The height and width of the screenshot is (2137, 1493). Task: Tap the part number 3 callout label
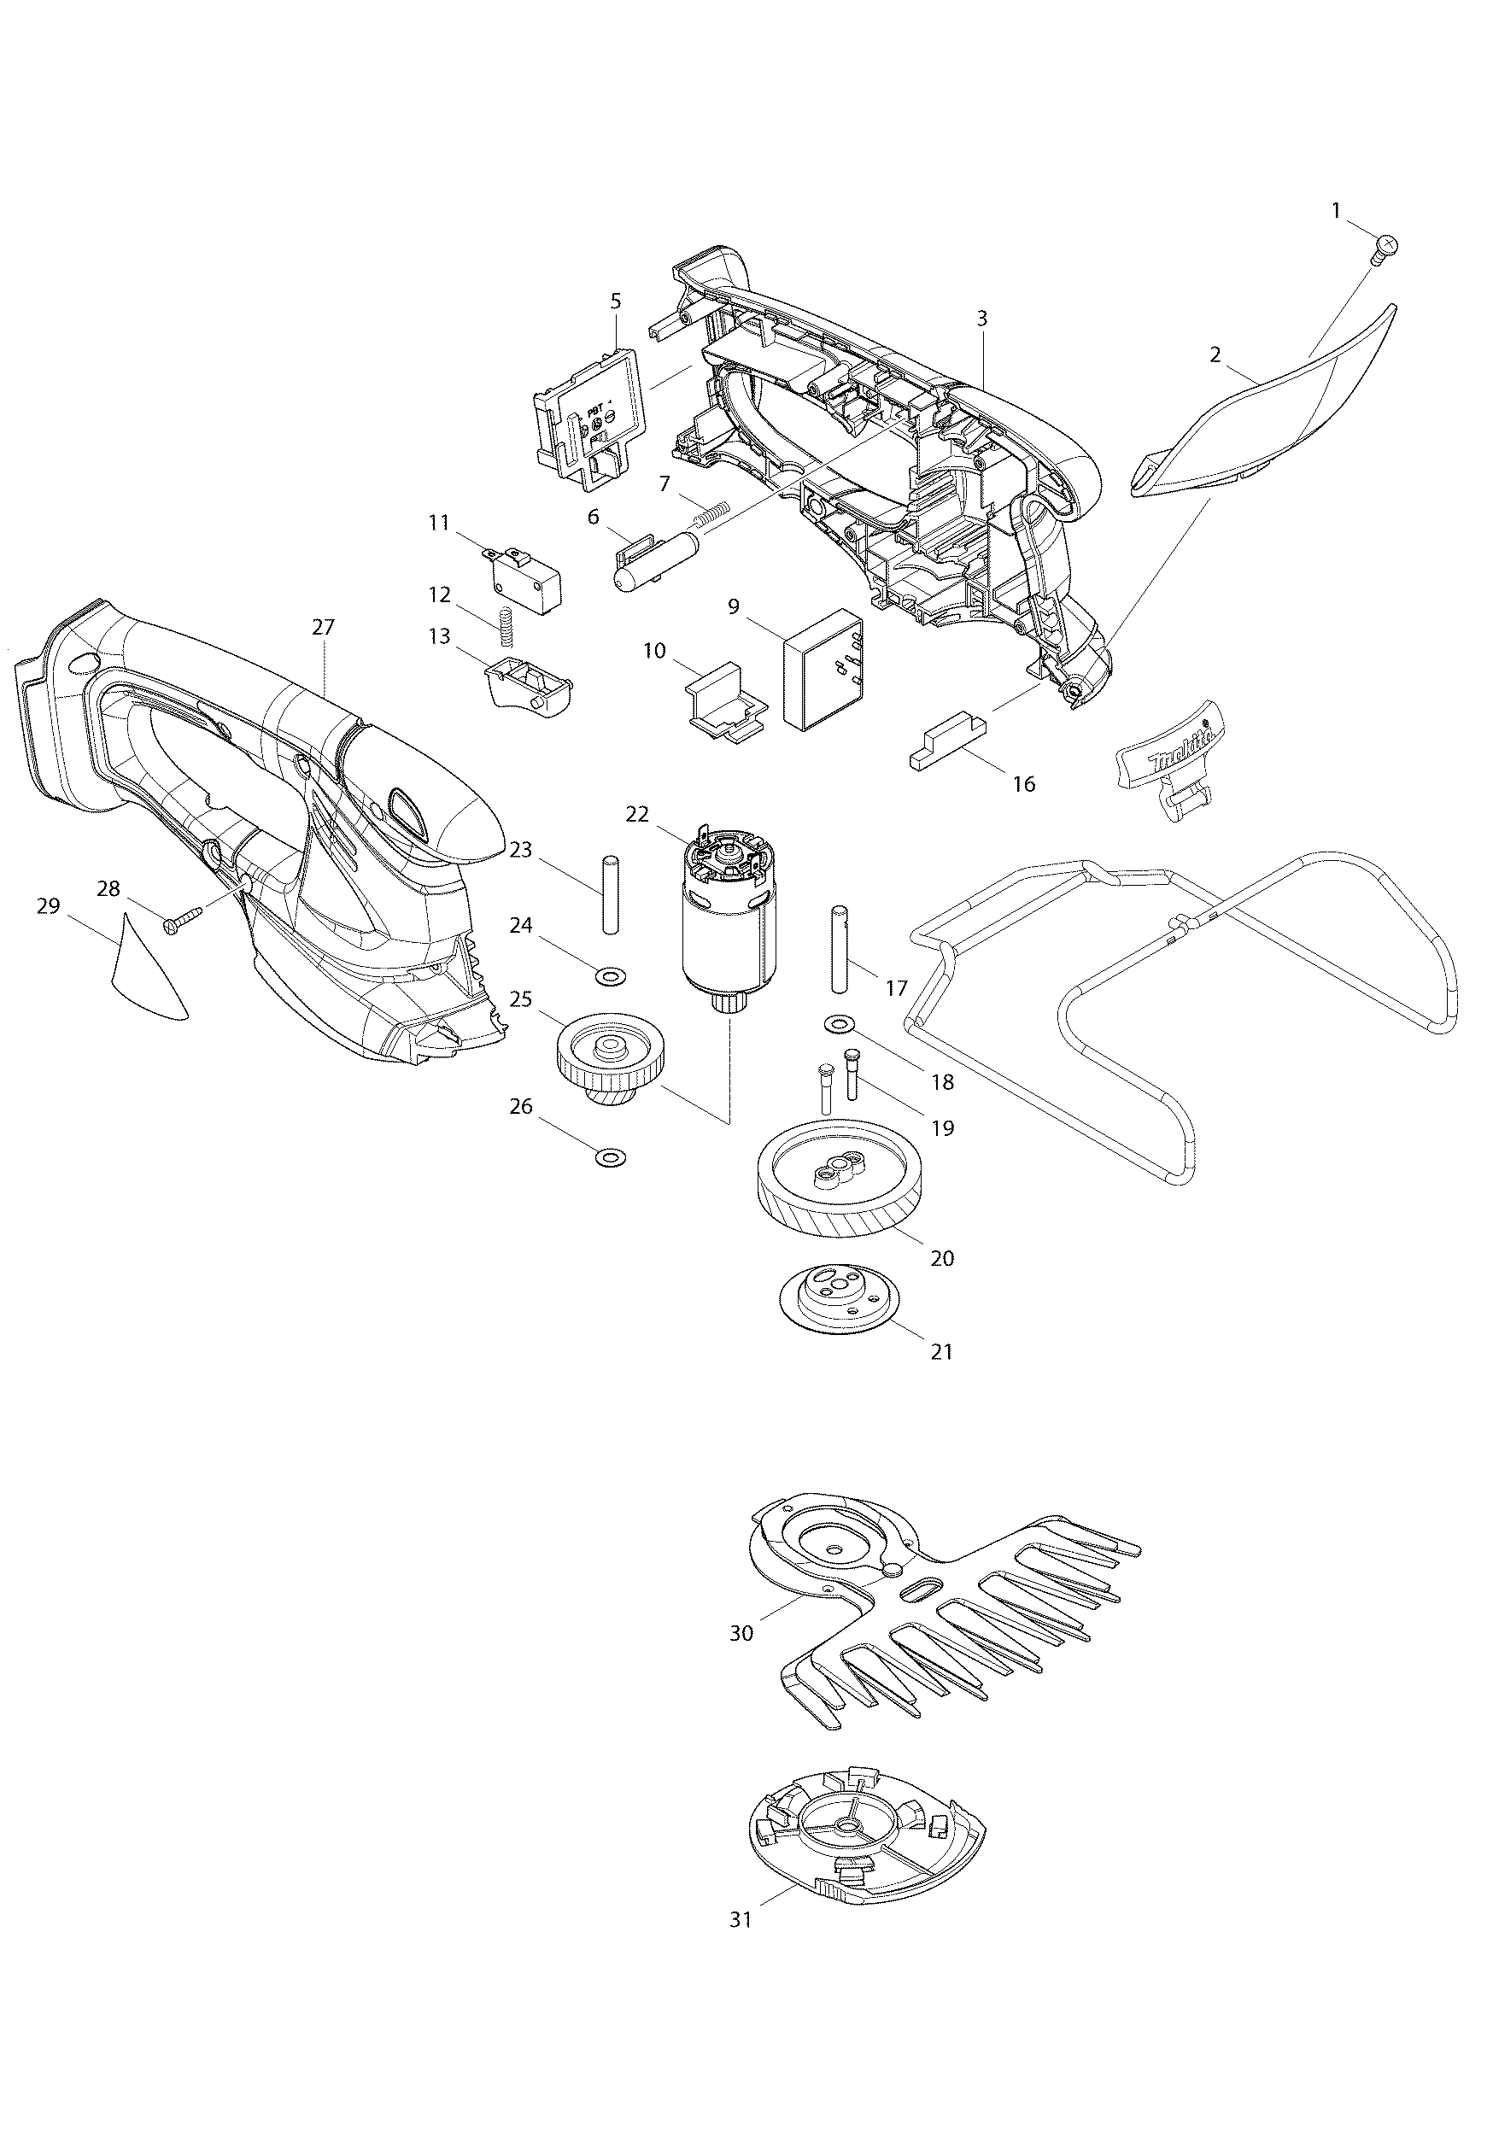pyautogui.click(x=982, y=318)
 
